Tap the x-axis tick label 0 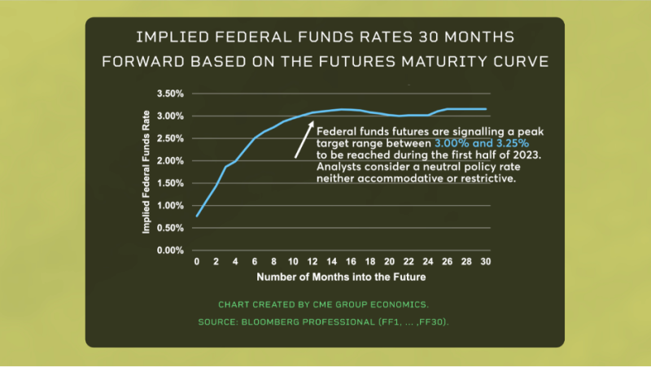[196, 262]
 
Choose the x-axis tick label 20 [390, 262]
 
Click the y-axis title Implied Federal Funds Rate [147, 172]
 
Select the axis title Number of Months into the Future [340, 277]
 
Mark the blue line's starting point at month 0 [197, 216]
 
